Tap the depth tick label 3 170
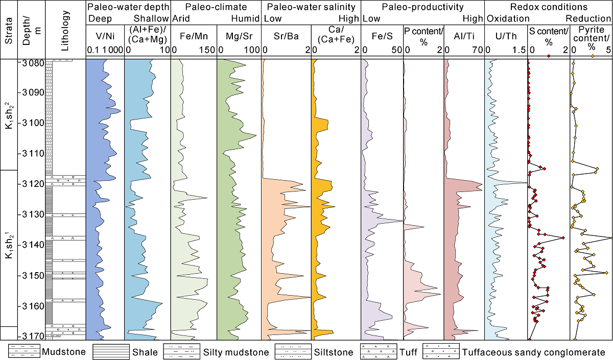click(x=31, y=336)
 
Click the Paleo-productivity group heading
click(x=422, y=7)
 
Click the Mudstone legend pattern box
click(x=24, y=352)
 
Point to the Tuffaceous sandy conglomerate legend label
click(x=533, y=352)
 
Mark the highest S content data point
click(x=563, y=238)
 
